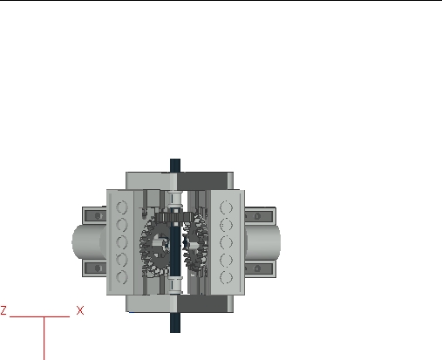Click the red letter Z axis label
point(4,309)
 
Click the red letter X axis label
point(80,309)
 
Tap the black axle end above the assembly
point(175,164)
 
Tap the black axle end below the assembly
point(175,323)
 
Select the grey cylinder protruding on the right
point(266,241)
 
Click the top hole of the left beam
point(123,208)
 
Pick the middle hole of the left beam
point(123,241)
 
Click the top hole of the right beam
point(228,208)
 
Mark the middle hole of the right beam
point(228,241)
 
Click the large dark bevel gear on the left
point(157,244)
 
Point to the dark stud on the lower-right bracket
point(260,267)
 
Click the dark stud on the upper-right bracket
point(260,214)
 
